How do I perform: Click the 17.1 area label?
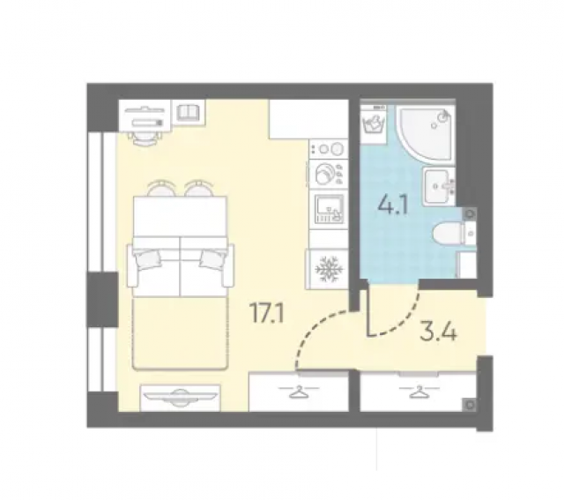tap(267, 313)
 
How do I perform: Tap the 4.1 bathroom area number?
tap(393, 205)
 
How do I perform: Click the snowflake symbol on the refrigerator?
tap(327, 269)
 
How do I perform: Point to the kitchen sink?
tap(329, 210)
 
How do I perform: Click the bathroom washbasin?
tap(439, 186)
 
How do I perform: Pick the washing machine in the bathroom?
tap(374, 124)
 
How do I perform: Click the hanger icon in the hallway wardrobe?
tap(419, 391)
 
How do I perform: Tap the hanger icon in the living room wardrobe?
tap(299, 391)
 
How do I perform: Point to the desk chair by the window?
tap(145, 138)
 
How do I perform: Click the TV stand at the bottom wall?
tap(180, 398)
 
